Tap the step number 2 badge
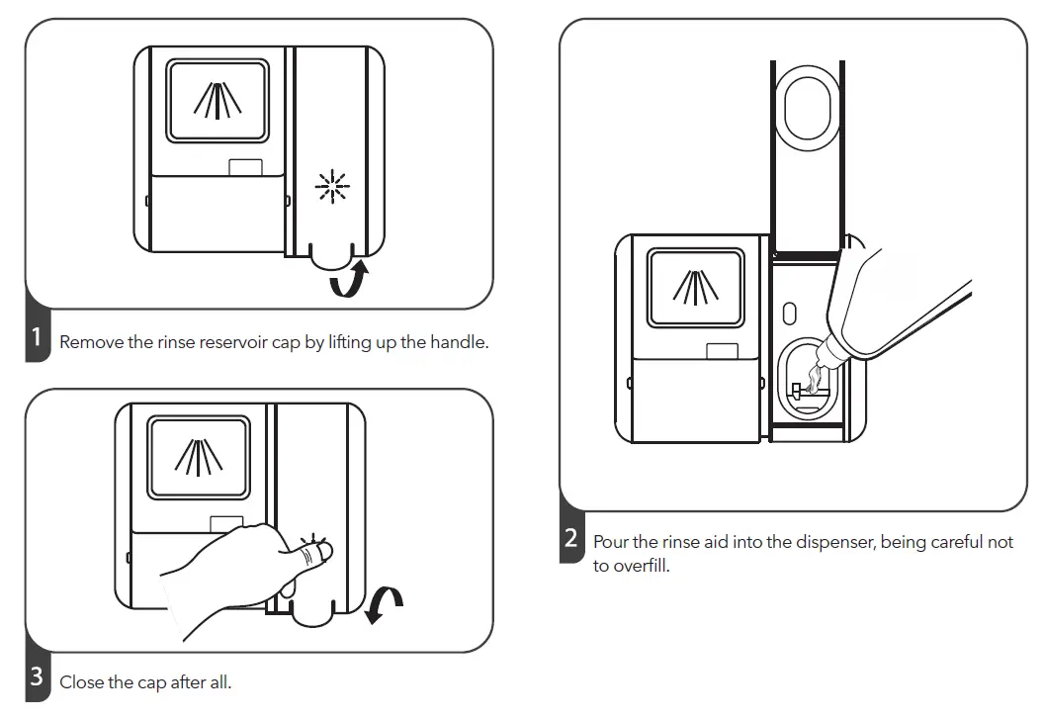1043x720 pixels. [x=571, y=540]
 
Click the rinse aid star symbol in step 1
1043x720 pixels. [x=331, y=185]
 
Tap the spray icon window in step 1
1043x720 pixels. [x=217, y=100]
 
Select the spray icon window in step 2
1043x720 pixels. [x=695, y=287]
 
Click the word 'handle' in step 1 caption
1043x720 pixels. [x=461, y=342]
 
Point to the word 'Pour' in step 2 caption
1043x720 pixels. [x=611, y=543]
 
